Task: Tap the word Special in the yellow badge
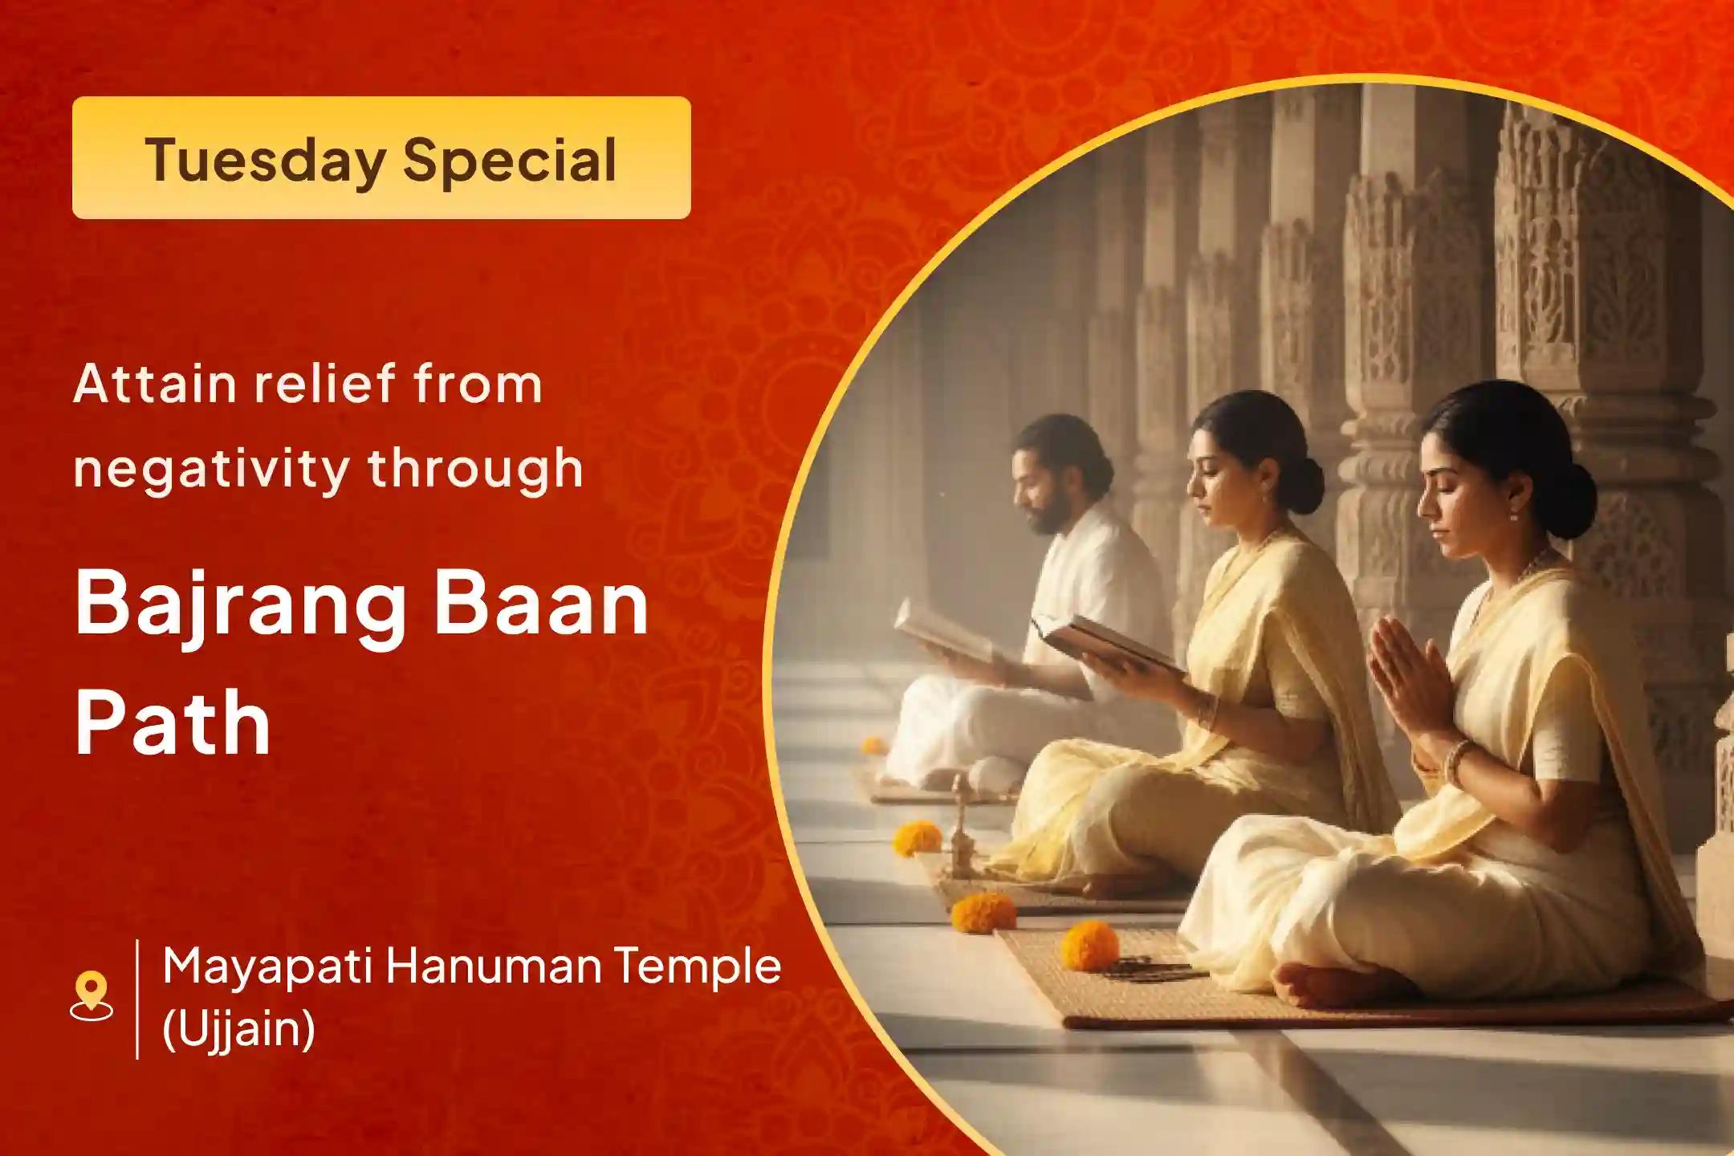point(510,160)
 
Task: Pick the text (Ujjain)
point(238,1029)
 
